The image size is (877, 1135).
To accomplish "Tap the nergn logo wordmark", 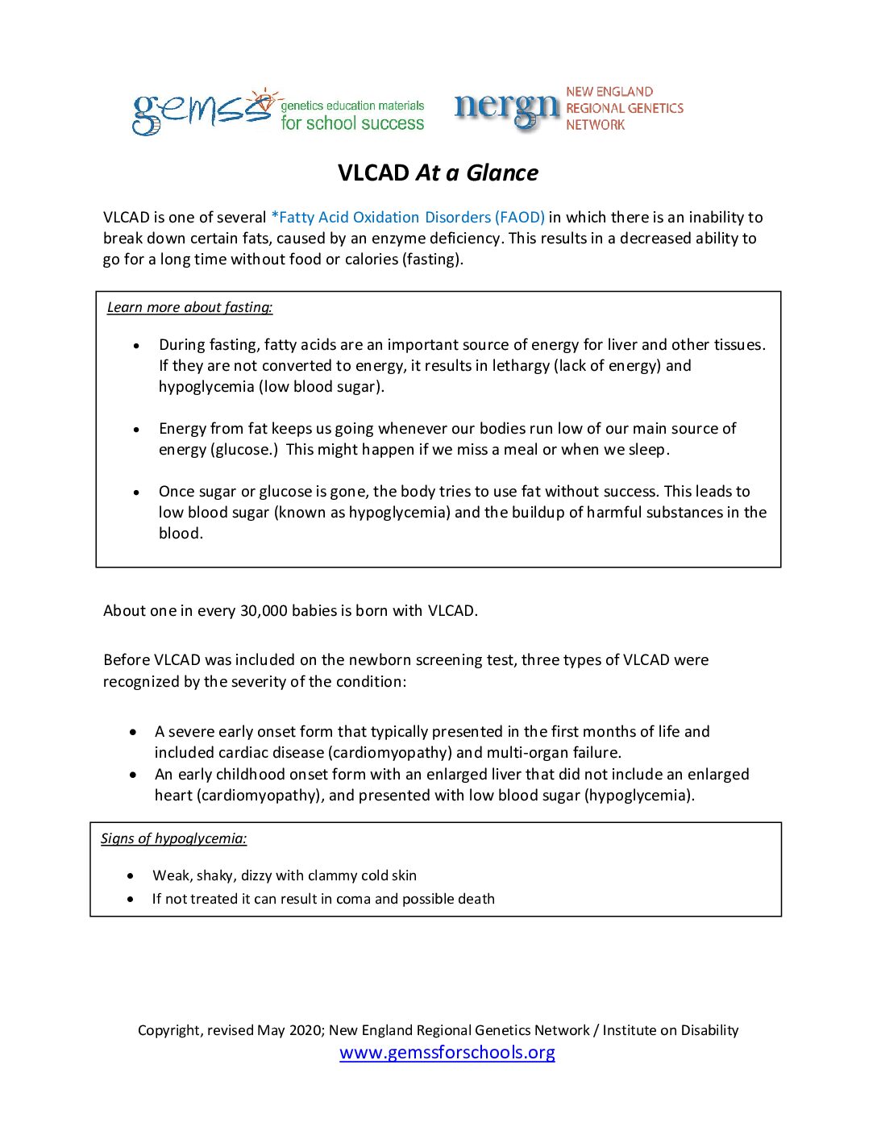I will [x=506, y=109].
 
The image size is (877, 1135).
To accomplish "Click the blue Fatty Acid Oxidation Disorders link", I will [x=408, y=218].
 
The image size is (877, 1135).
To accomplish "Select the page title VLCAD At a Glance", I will [x=438, y=173].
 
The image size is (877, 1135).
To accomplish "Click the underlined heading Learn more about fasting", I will [x=189, y=307].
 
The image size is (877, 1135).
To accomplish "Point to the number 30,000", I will [x=264, y=611].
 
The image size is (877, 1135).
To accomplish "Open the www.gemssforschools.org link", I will [x=447, y=1052].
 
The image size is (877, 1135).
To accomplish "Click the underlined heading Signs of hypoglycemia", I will [x=173, y=838].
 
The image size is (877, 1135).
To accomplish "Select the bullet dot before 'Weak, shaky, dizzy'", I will [x=131, y=875].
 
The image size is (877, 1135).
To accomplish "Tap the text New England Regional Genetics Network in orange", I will [x=624, y=108].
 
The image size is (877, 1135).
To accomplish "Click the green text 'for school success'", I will [x=352, y=123].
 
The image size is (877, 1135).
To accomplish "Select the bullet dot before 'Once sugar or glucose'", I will [x=136, y=492].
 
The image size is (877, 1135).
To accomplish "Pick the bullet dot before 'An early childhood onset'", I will [x=133, y=775].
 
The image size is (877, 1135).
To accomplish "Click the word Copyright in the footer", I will [x=169, y=1030].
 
